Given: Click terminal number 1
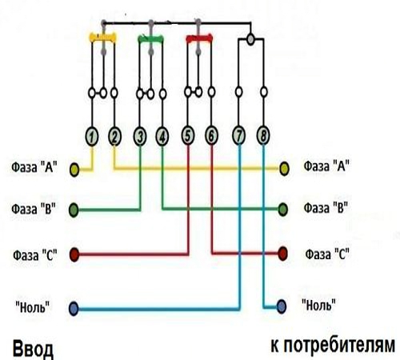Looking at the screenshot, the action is pos(92,137).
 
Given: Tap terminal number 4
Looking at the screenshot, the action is pos(162,137).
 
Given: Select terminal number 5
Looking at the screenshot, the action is pos(188,136).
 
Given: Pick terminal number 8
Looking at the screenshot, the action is pos(263,136).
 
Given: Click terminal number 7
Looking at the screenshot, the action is pos(239,136).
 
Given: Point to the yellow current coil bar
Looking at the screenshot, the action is pos(103,38).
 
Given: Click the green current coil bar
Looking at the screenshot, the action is pos(151,39).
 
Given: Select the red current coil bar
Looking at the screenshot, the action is pos(199,38).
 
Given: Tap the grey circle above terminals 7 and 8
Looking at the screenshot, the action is pos(250,39).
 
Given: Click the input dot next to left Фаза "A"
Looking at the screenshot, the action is pos(74,170).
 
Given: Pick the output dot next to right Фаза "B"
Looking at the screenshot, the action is pos(283,210).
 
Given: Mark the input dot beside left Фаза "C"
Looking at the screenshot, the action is pos(74,254).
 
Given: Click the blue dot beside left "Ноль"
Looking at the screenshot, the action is pos(74,309).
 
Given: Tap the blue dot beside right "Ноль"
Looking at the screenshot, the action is pos(282,306).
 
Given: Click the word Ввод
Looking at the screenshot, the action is pos(33,349).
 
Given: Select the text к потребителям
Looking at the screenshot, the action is pos(333,346).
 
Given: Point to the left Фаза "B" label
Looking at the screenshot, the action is pos(34,209).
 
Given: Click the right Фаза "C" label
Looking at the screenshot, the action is pos(327,254).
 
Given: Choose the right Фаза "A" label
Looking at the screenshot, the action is pos(326,166).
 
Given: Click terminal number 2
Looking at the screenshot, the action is pos(114,137).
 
